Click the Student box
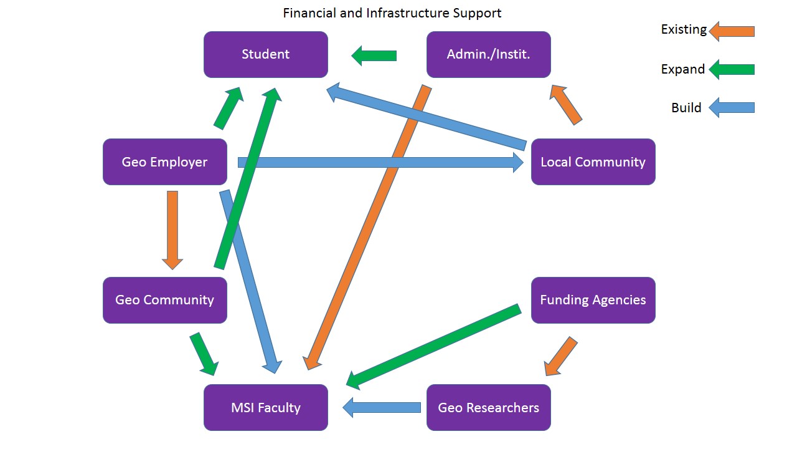coord(266,54)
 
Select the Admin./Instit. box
coord(488,54)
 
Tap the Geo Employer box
coord(164,162)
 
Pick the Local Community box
coord(593,162)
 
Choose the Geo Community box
coord(164,300)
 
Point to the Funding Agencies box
coord(593,300)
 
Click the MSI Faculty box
coord(266,408)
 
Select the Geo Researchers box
coord(488,408)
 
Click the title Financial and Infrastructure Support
coord(392,13)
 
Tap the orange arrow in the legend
coord(732,31)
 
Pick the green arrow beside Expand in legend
coord(732,69)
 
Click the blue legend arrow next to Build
coord(732,107)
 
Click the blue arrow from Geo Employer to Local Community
coord(380,163)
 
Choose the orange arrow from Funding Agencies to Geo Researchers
coord(561,357)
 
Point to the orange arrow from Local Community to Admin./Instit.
coord(566,105)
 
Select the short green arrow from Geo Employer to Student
coord(228,108)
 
